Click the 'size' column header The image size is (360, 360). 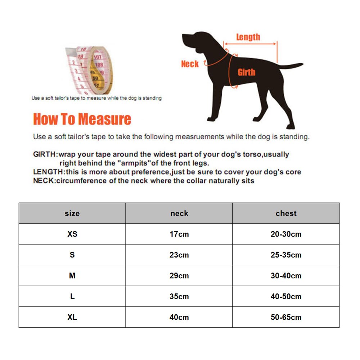point(72,213)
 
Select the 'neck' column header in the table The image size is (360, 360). point(179,213)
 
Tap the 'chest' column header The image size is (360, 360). point(286,213)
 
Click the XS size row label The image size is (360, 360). point(72,234)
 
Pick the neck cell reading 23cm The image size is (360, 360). point(179,255)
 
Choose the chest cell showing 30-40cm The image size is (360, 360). point(286,276)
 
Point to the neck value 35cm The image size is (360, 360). point(179,297)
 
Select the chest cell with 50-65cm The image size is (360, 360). point(286,317)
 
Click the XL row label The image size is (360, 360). point(72,317)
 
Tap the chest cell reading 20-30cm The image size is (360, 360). point(286,234)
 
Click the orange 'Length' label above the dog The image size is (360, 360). point(248,37)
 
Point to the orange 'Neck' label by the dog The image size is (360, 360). point(190,64)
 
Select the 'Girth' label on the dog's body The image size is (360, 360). point(247,72)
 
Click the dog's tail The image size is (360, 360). point(292,66)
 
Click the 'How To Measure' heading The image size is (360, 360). point(82,119)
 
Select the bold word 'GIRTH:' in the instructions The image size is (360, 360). point(45,154)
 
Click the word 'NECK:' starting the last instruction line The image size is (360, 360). point(44,180)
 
